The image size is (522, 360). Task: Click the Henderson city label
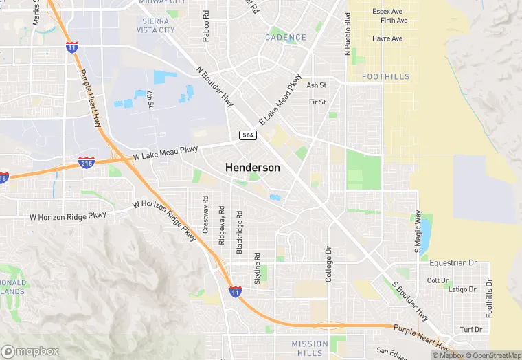pyautogui.click(x=253, y=168)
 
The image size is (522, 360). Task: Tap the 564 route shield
pyautogui.click(x=248, y=135)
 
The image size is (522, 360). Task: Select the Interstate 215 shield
pyautogui.click(x=87, y=164)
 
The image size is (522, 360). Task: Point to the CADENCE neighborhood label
pyautogui.click(x=286, y=37)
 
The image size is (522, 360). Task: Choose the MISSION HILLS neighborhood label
pyautogui.click(x=310, y=348)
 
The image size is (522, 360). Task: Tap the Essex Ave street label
pyautogui.click(x=387, y=12)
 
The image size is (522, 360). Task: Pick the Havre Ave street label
pyautogui.click(x=387, y=38)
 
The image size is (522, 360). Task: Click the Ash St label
pyautogui.click(x=316, y=85)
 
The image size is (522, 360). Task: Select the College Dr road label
pyautogui.click(x=329, y=264)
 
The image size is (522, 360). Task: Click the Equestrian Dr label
pyautogui.click(x=453, y=263)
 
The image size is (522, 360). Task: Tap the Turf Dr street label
pyautogui.click(x=471, y=330)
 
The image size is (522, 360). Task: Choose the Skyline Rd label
pyautogui.click(x=258, y=267)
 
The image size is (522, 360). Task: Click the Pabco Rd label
pyautogui.click(x=206, y=26)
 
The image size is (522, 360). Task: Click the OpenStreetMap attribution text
pyautogui.click(x=491, y=355)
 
